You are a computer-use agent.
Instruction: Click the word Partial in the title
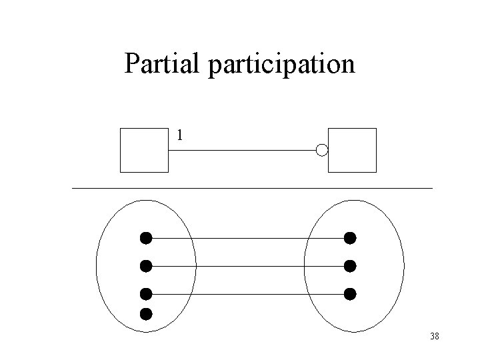(163, 64)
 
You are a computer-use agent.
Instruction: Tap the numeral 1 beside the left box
(179, 135)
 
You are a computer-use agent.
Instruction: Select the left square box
(143, 150)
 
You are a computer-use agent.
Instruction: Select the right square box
(353, 150)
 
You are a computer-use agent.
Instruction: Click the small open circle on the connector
(322, 150)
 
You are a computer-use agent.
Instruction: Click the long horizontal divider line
(252, 189)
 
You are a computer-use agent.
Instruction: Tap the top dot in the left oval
(146, 237)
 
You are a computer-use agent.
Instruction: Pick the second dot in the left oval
(146, 265)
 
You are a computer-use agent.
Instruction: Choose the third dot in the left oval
(146, 293)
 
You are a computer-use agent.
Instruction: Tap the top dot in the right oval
(350, 237)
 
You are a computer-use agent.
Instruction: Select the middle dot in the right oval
(350, 265)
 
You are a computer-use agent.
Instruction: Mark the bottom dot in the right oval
(350, 293)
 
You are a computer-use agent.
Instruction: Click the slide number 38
(434, 337)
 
